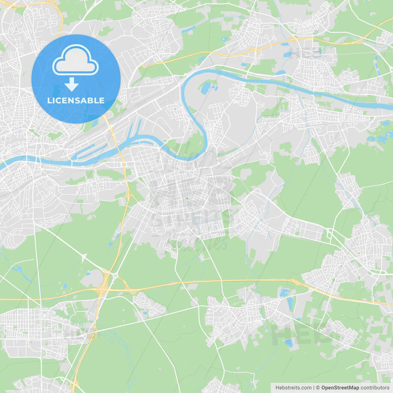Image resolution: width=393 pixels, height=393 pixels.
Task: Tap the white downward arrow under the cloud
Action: click(72, 84)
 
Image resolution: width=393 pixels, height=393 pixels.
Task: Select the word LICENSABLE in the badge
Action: click(76, 100)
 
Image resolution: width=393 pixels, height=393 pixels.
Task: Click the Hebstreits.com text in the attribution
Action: click(293, 388)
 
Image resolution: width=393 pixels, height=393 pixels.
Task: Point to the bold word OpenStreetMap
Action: click(340, 388)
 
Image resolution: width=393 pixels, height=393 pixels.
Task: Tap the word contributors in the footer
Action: click(375, 388)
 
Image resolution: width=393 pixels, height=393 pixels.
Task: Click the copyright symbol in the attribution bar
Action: click(318, 388)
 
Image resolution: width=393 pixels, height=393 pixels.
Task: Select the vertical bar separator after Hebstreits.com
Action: click(313, 388)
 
